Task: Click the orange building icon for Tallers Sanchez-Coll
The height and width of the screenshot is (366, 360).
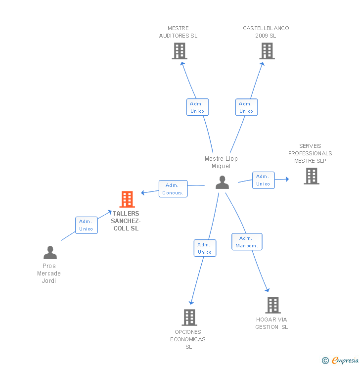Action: (x=127, y=199)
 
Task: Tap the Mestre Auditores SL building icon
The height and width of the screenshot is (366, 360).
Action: (x=180, y=51)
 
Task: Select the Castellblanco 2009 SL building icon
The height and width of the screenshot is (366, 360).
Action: (x=267, y=51)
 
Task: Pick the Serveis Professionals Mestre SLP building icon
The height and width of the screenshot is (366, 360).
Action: (x=312, y=176)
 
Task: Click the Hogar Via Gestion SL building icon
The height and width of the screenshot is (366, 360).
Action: (x=273, y=305)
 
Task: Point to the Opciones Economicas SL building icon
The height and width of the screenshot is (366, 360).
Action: (x=189, y=318)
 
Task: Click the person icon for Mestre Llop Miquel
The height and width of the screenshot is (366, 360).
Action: (x=222, y=182)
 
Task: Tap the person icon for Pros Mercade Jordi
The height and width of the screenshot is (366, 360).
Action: (x=50, y=252)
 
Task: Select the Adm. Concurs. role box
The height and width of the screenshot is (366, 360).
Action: (x=173, y=188)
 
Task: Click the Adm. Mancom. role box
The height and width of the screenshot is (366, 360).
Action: (x=247, y=241)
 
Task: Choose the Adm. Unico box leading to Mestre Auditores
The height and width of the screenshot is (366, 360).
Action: (x=198, y=107)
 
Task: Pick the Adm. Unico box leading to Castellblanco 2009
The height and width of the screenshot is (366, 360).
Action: (x=247, y=107)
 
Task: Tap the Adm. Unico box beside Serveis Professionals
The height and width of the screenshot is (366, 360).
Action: (x=264, y=180)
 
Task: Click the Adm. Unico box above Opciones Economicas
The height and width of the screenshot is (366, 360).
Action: (x=205, y=248)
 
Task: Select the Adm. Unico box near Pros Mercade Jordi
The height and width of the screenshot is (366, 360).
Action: (x=87, y=225)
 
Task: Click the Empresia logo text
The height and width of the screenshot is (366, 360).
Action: (x=345, y=360)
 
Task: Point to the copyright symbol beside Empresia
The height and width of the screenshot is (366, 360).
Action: (x=325, y=361)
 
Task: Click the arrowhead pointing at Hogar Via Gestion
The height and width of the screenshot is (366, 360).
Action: (x=268, y=290)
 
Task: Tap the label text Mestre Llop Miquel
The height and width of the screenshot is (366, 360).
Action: (x=221, y=162)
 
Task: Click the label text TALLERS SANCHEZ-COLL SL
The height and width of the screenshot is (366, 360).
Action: (x=126, y=221)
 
